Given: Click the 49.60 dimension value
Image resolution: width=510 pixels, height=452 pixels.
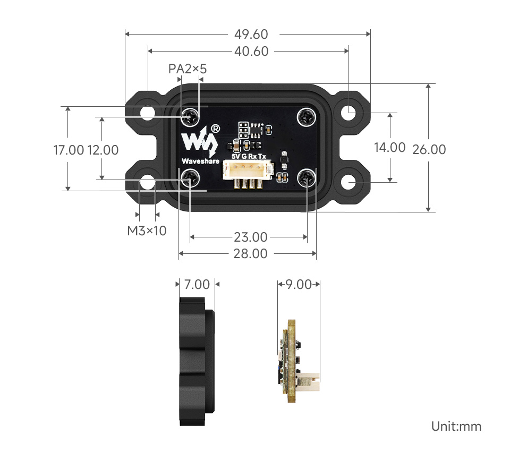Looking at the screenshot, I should (x=251, y=35).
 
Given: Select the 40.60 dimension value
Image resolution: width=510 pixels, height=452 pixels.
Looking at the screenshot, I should (x=251, y=52).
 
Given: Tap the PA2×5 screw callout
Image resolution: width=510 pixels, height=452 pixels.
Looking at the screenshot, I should (x=187, y=69).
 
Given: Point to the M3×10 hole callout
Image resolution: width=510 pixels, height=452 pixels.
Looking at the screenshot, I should (x=147, y=231).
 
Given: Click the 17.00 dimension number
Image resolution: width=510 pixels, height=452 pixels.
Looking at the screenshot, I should (x=69, y=150).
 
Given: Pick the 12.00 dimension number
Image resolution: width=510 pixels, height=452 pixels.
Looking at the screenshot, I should (x=103, y=150).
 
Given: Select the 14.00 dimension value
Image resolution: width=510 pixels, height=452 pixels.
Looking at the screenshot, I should (x=390, y=148).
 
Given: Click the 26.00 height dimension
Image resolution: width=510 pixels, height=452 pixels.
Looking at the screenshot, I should (x=429, y=149).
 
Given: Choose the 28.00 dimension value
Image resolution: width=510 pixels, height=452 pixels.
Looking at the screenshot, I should (x=250, y=254).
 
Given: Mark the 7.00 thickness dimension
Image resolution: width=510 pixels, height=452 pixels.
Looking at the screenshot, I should (x=197, y=284).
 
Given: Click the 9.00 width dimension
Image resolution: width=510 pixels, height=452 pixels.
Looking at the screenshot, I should (x=299, y=284).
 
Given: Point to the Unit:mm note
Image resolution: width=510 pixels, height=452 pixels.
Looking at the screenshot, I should (x=456, y=427).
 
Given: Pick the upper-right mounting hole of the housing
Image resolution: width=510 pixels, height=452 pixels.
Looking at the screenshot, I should (x=348, y=113).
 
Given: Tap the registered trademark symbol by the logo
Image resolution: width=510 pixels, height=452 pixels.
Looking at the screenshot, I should (x=215, y=129).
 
